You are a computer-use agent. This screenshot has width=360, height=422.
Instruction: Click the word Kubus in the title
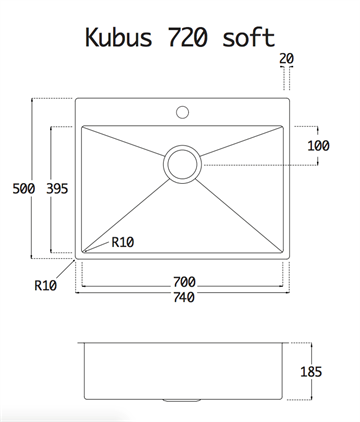[x=119, y=37]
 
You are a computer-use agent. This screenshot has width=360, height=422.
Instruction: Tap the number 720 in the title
[x=187, y=37]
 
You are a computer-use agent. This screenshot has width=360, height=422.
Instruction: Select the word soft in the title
[x=248, y=37]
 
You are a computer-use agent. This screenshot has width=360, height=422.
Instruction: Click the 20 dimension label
[x=287, y=59]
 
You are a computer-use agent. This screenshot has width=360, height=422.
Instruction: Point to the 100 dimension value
[x=318, y=146]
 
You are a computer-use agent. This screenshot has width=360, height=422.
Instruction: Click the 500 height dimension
[x=23, y=189]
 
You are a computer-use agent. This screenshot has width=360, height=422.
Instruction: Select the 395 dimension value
[x=57, y=189]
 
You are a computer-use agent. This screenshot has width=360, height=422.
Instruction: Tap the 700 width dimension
[x=184, y=282]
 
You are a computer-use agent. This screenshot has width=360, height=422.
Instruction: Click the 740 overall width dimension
[x=184, y=297]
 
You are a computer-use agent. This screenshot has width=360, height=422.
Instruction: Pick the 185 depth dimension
[x=311, y=372]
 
